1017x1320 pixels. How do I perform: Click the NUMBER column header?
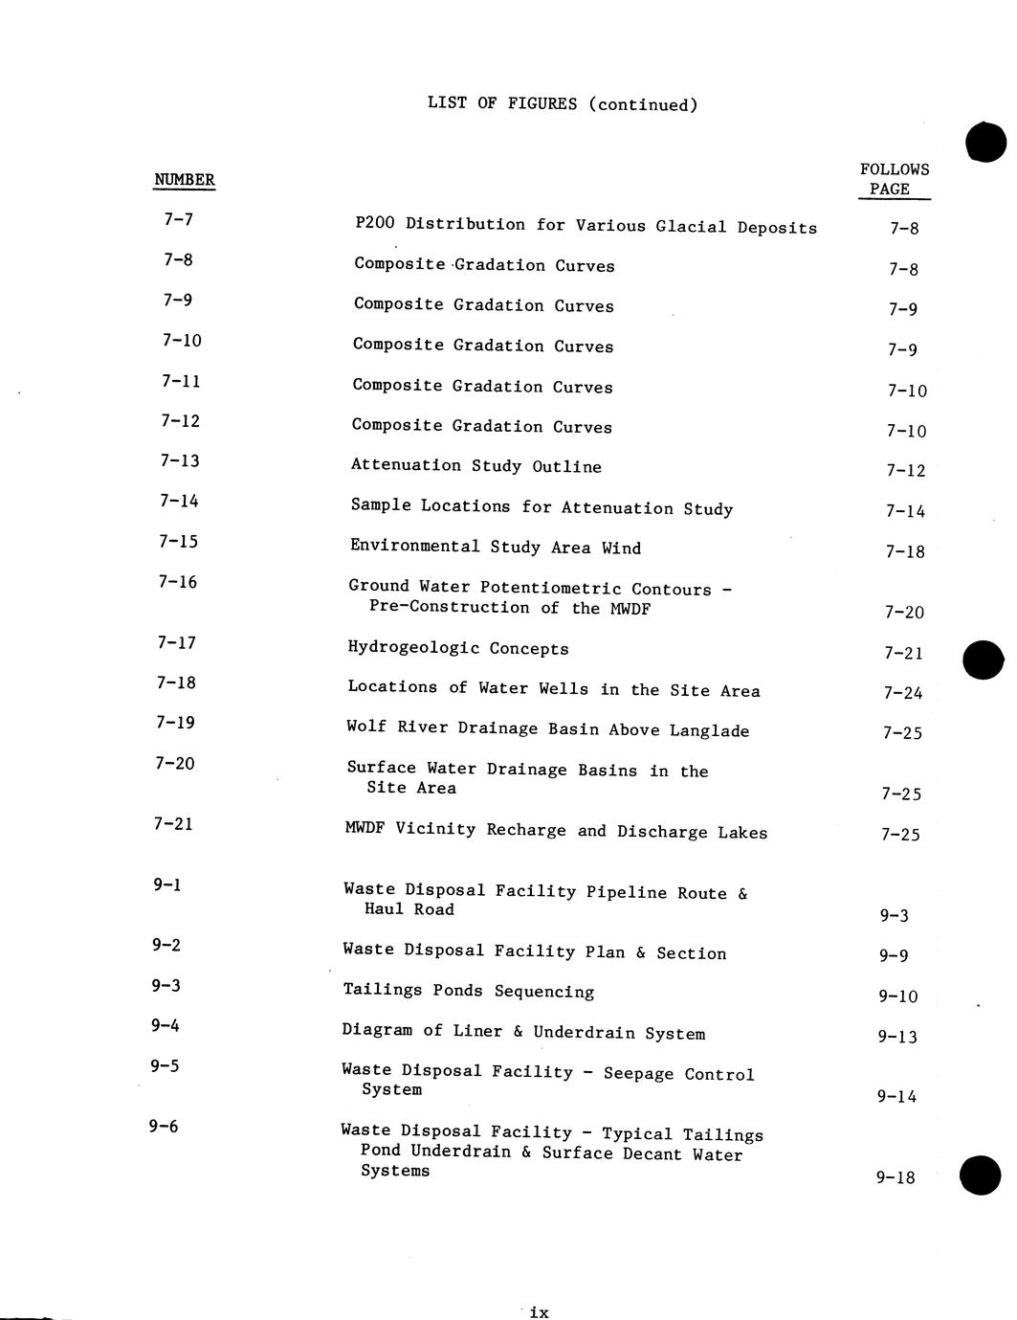(185, 180)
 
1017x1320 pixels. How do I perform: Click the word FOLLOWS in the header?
(895, 169)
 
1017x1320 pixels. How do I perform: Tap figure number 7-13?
(180, 461)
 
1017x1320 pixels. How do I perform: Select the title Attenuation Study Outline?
(475, 466)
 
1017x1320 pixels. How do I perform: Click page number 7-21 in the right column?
(903, 653)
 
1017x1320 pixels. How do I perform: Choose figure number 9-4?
(165, 1026)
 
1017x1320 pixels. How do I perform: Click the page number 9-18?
(895, 1177)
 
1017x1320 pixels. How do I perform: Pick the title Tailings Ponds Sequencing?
(468, 991)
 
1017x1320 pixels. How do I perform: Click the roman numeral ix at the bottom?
(539, 1312)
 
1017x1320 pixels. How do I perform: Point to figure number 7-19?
(176, 723)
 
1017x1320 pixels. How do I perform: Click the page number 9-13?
(897, 1037)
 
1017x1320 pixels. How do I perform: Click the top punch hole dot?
(985, 143)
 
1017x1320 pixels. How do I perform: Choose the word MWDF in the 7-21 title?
(365, 829)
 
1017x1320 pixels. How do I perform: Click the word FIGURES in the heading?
(542, 103)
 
